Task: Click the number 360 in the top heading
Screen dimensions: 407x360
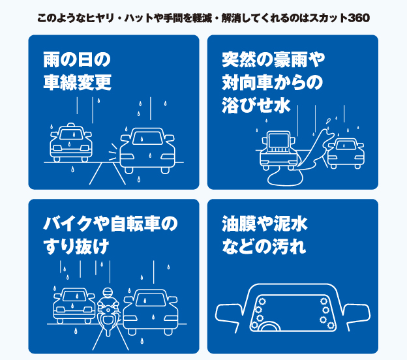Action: click(359, 18)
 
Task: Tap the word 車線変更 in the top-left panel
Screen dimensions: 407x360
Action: click(78, 82)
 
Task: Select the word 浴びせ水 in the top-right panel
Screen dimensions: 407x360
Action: click(256, 105)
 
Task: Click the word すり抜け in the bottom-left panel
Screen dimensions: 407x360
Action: click(76, 247)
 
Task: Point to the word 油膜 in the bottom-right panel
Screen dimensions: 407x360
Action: click(239, 224)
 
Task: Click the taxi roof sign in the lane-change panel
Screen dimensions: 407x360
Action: click(70, 125)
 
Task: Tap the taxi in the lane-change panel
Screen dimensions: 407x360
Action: click(71, 142)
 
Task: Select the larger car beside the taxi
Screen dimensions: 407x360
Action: click(147, 151)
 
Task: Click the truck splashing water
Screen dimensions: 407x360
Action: click(278, 150)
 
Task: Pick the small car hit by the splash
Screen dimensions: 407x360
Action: click(346, 154)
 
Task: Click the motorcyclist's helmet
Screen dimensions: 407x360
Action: click(107, 293)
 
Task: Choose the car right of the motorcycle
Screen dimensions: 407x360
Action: click(151, 312)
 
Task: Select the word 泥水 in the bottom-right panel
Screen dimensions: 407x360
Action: click(291, 224)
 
